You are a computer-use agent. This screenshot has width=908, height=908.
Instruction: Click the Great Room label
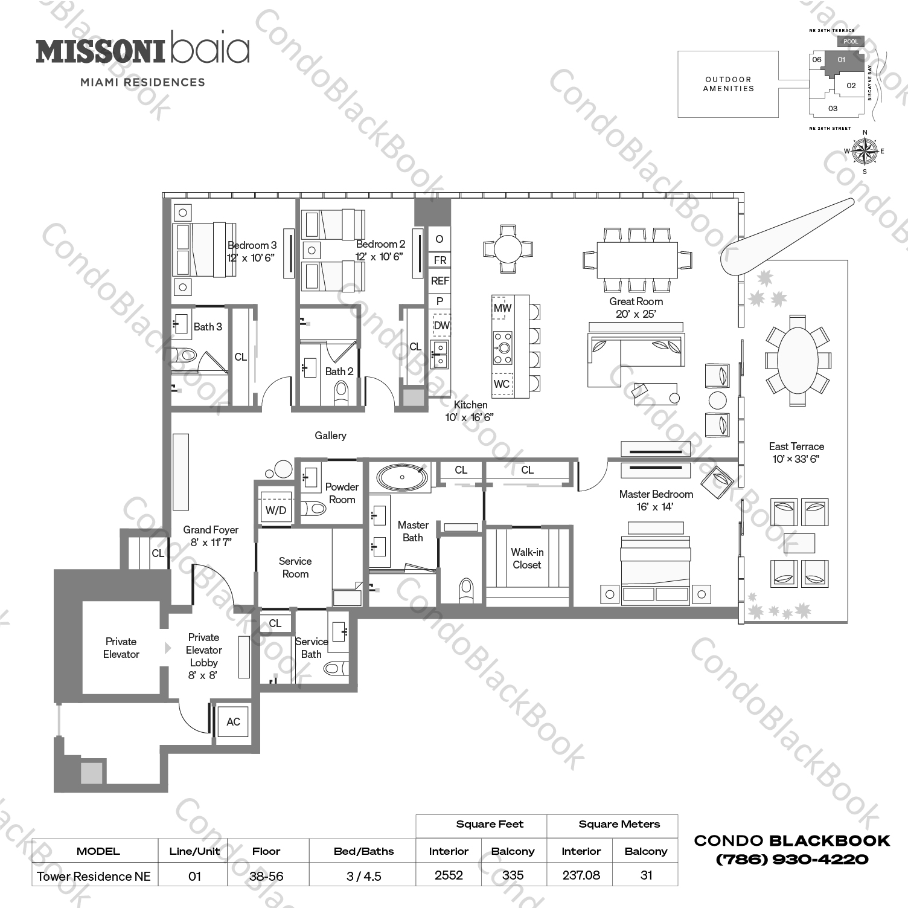pos(636,301)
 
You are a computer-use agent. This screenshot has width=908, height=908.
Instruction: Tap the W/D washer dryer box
pos(275,510)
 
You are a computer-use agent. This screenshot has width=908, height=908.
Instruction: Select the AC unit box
pos(233,721)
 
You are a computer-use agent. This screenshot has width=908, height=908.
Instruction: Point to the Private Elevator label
pos(121,648)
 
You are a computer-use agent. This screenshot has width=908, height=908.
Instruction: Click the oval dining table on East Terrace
pos(797,360)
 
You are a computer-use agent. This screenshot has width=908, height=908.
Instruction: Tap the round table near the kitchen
pos(508,248)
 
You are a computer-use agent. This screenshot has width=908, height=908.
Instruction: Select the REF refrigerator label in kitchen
pos(440,281)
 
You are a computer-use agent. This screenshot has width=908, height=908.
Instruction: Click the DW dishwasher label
pos(441,325)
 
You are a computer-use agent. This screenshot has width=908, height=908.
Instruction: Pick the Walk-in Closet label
pos(527,558)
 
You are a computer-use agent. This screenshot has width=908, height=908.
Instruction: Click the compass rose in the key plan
pos(865,151)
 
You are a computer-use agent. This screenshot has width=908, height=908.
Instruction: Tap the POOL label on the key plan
pos(850,41)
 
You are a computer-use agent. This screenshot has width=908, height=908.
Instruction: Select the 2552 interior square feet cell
pos(449,875)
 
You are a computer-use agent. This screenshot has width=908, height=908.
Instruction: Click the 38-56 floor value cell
pos(266,876)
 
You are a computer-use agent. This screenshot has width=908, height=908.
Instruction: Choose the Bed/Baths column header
pos(363,851)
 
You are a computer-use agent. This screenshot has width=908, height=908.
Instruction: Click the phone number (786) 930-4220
pos(792,859)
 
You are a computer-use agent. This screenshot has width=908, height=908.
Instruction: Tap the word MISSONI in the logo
pos(100,52)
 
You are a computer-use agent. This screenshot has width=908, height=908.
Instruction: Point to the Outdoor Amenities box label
pos(728,84)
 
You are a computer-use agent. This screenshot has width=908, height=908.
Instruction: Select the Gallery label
pos(330,436)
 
